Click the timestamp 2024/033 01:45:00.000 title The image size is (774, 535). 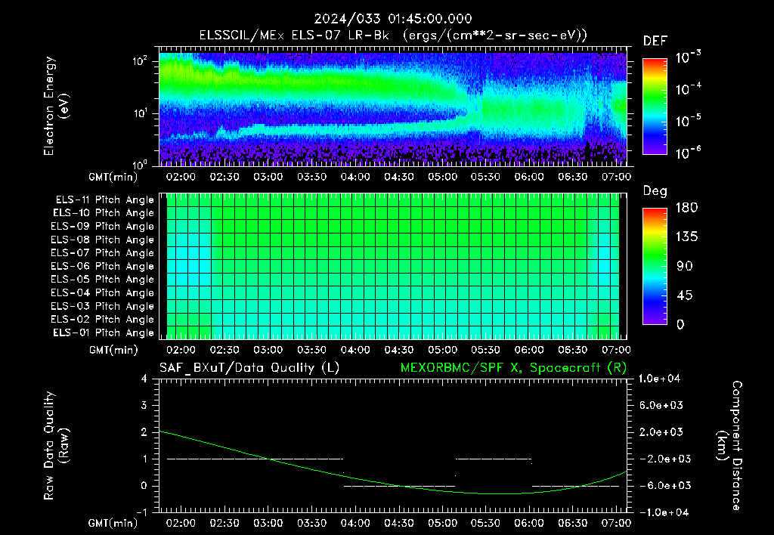(393, 19)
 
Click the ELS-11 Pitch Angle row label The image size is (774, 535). (104, 200)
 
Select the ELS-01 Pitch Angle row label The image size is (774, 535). (103, 332)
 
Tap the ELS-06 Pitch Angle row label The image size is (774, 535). (102, 266)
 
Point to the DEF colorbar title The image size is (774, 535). (655, 41)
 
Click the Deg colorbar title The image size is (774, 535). (655, 191)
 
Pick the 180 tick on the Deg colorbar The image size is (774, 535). (686, 207)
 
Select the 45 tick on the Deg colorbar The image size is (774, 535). (683, 295)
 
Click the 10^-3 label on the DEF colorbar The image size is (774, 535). (688, 57)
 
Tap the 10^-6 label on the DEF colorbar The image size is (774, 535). (688, 153)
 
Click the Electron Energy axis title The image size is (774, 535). (56, 106)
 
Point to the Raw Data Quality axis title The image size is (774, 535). (56, 445)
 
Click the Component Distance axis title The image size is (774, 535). (729, 445)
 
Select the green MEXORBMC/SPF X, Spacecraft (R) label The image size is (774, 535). (513, 368)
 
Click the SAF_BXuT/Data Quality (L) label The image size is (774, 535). (249, 368)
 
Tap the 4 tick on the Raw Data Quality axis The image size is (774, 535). (144, 379)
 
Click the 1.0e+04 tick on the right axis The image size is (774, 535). (659, 379)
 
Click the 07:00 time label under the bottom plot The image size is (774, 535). (616, 523)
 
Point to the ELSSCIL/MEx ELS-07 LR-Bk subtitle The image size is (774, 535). (294, 36)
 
